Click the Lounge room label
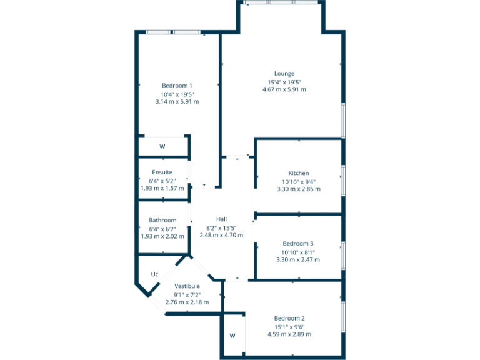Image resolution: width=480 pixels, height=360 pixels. [x=284, y=74]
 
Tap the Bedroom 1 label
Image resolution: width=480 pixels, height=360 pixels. [x=177, y=86]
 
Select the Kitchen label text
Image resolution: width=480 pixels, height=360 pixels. [x=298, y=173]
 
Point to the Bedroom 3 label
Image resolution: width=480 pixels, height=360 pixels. [x=298, y=244]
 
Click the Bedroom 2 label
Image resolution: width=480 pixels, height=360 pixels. [x=289, y=318]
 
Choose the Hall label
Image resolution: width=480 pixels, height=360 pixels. [x=221, y=219]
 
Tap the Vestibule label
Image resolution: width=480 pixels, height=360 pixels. [x=187, y=286]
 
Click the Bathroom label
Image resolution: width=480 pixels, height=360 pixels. [x=162, y=221]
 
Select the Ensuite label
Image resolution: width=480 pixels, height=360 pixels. [x=162, y=172]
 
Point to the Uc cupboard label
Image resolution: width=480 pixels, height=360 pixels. [x=154, y=274]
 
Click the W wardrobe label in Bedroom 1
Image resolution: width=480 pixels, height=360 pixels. [x=162, y=147]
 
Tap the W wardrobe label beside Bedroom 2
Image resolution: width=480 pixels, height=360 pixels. [x=232, y=336]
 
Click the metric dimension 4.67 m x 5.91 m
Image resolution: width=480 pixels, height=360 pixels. [x=284, y=89]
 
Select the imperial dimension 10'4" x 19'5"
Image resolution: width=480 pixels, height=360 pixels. [x=177, y=94]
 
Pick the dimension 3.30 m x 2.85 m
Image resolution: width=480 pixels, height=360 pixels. [x=298, y=189]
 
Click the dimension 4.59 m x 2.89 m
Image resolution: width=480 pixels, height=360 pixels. [x=289, y=334]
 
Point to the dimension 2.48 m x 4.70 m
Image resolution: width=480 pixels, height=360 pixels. [x=221, y=235]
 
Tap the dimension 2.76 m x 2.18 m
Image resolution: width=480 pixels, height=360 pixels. [x=187, y=302]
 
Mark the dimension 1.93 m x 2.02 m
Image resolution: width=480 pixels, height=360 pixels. [x=162, y=237]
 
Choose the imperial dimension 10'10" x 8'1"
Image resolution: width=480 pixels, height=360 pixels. [x=298, y=252]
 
